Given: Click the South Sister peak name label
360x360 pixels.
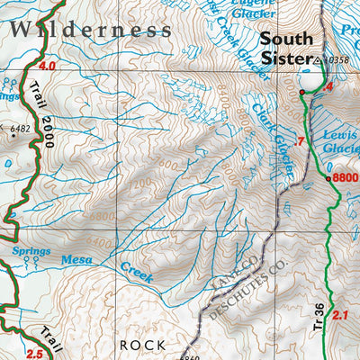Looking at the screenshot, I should [287, 49].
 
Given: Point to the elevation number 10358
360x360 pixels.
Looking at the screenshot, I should [337, 60].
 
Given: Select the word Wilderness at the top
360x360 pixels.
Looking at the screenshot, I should [90, 29].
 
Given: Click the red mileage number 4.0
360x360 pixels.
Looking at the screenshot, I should [48, 67].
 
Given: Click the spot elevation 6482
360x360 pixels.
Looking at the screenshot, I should [20, 129].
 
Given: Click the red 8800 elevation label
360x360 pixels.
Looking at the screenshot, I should [346, 177].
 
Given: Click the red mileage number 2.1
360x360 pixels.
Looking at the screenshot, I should [339, 315].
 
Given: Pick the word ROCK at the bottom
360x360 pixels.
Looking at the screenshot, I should [143, 344].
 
